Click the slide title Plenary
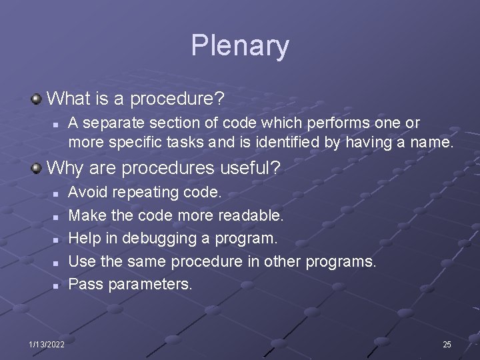pyautogui.click(x=240, y=46)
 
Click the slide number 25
pyautogui.click(x=447, y=344)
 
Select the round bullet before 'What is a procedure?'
pyautogui.click(x=37, y=99)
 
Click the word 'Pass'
pyautogui.click(x=84, y=285)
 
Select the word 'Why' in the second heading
pyautogui.click(x=65, y=167)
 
